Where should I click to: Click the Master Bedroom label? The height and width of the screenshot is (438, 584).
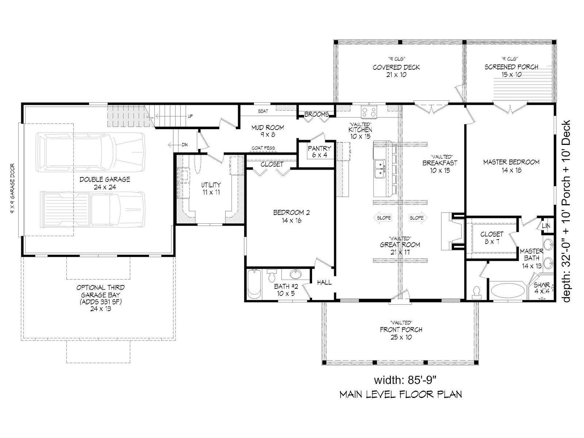coord(511,166)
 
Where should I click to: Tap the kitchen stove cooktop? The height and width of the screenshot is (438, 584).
coord(369,112)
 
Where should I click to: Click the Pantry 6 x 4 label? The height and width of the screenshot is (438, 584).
coord(319,151)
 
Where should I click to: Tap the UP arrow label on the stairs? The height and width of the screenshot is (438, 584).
coord(190,116)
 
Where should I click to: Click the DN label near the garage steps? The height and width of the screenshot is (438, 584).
coord(185,145)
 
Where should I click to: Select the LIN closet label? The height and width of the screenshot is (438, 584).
coord(546,226)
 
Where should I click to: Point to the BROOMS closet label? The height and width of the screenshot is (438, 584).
coord(316,114)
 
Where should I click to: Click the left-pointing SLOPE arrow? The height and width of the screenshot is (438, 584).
coord(383,218)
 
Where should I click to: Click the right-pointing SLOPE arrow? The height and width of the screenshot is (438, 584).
coord(418,218)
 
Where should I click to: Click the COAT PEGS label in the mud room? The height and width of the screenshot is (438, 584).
coord(264,148)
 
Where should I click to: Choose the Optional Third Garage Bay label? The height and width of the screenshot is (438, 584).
coord(101,298)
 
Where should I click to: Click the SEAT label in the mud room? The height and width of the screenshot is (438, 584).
coord(263,111)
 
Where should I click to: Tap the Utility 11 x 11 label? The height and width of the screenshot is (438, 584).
coord(211,188)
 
